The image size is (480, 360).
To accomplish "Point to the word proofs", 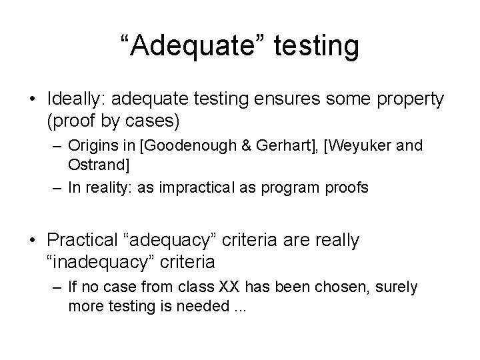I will tap(345, 188).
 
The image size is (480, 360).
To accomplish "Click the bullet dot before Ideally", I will tap(33, 99).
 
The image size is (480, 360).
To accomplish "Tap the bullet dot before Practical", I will tap(33, 239).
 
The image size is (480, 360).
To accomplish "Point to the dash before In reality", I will tap(56, 188).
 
